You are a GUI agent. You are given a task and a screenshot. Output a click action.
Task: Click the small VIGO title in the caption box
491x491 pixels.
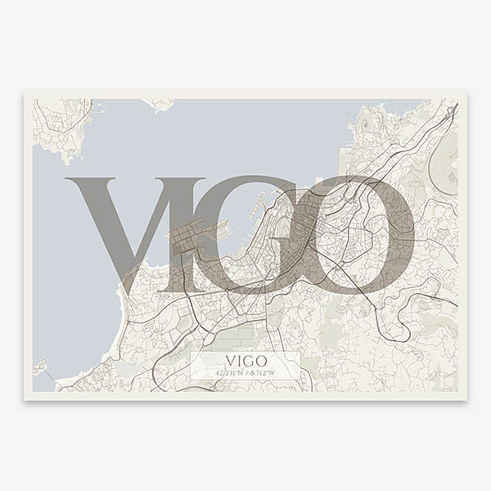pos(245,361)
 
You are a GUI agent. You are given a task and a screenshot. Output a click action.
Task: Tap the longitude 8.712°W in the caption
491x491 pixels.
pos(262,373)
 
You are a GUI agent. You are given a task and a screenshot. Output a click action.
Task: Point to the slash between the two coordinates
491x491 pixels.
pos(245,373)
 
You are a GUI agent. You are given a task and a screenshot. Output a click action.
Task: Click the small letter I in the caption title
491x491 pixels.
pos(238,361)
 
